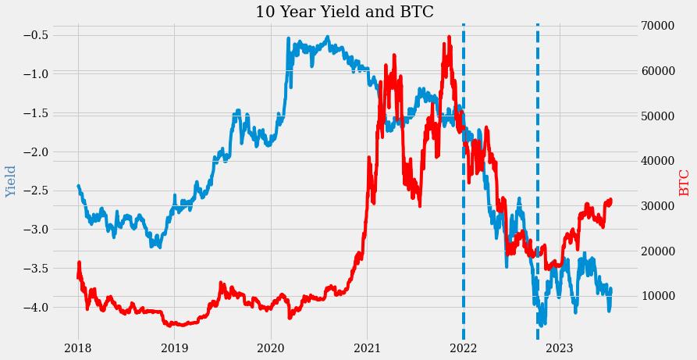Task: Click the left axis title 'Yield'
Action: pyautogui.click(x=11, y=181)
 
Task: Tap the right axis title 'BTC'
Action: pyautogui.click(x=685, y=183)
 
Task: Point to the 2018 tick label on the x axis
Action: pyautogui.click(x=78, y=348)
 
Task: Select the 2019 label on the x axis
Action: pyautogui.click(x=174, y=348)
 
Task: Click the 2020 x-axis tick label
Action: pyautogui.click(x=270, y=348)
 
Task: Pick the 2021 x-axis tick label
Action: pyautogui.click(x=367, y=348)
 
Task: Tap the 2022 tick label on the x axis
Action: pyautogui.click(x=463, y=348)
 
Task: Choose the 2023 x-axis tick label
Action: pyautogui.click(x=559, y=348)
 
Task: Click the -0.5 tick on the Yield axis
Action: pyautogui.click(x=36, y=35)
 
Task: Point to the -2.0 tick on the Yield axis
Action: pyautogui.click(x=36, y=151)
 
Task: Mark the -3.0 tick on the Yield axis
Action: pyautogui.click(x=36, y=230)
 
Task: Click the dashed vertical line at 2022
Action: pyautogui.click(x=464, y=195)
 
